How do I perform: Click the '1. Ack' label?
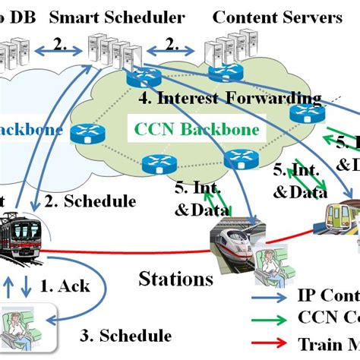point(64,286)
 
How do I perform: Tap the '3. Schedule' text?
point(126,335)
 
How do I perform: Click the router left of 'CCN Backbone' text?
point(84,134)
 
